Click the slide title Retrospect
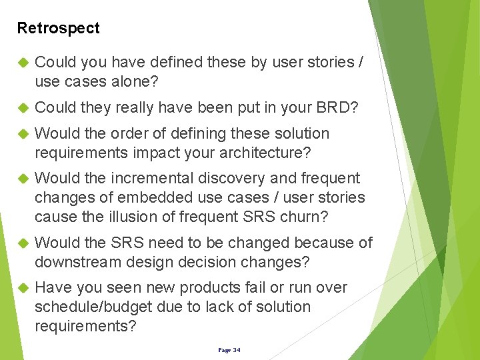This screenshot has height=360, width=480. [58, 28]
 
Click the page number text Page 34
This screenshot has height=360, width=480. [229, 349]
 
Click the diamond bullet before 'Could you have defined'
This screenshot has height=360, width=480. [20, 63]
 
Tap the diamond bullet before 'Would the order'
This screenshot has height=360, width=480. [20, 134]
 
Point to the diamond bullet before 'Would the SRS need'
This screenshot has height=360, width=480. [20, 243]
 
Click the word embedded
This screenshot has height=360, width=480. [149, 198]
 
